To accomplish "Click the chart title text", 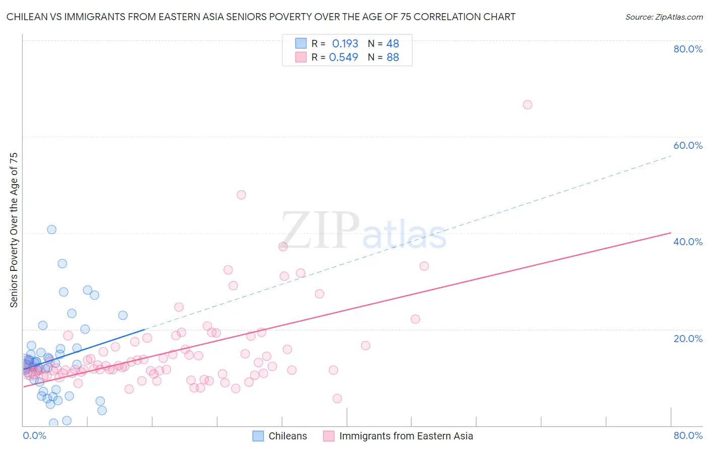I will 261,17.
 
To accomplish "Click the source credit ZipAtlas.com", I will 664,17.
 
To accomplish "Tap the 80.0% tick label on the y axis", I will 688,49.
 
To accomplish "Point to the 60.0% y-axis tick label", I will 688,145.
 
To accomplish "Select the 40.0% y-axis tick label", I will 688,242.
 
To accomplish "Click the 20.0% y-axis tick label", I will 688,339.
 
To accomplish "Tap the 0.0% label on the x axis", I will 34,435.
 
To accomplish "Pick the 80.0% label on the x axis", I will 688,435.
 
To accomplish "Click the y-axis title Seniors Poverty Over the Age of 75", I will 14,230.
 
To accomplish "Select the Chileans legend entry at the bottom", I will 287,436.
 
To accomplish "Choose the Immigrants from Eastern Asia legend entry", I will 406,436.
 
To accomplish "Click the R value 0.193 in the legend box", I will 345,44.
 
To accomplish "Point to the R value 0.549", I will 343,58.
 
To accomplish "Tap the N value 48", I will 392,44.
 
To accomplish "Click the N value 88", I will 392,58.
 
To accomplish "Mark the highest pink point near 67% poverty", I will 527,105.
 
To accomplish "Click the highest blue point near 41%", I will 51,230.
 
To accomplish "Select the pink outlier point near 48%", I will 242,195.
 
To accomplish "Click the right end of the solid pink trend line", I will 671,233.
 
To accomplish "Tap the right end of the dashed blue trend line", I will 671,156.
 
